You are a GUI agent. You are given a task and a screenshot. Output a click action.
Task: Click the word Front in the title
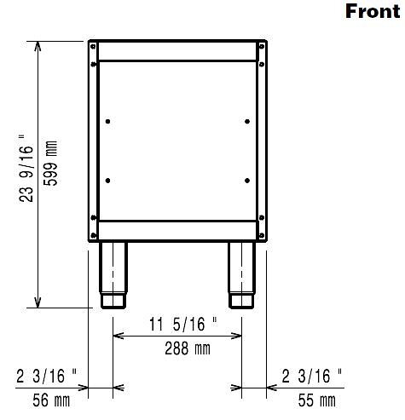[373, 12]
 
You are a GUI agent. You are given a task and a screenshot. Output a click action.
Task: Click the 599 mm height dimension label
[51, 163]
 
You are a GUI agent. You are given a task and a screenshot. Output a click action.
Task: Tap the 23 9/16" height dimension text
[26, 169]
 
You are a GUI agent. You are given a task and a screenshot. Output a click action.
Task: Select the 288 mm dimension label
[188, 348]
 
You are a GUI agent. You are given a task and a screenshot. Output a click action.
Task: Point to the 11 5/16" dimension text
[183, 325]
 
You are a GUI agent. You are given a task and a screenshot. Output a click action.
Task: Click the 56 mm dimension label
[51, 400]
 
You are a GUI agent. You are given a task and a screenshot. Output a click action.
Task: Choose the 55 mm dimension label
[316, 400]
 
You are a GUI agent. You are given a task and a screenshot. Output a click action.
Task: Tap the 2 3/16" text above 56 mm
[47, 376]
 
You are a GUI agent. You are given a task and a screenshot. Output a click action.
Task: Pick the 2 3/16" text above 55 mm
[312, 376]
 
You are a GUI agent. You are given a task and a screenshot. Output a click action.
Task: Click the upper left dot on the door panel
[107, 122]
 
